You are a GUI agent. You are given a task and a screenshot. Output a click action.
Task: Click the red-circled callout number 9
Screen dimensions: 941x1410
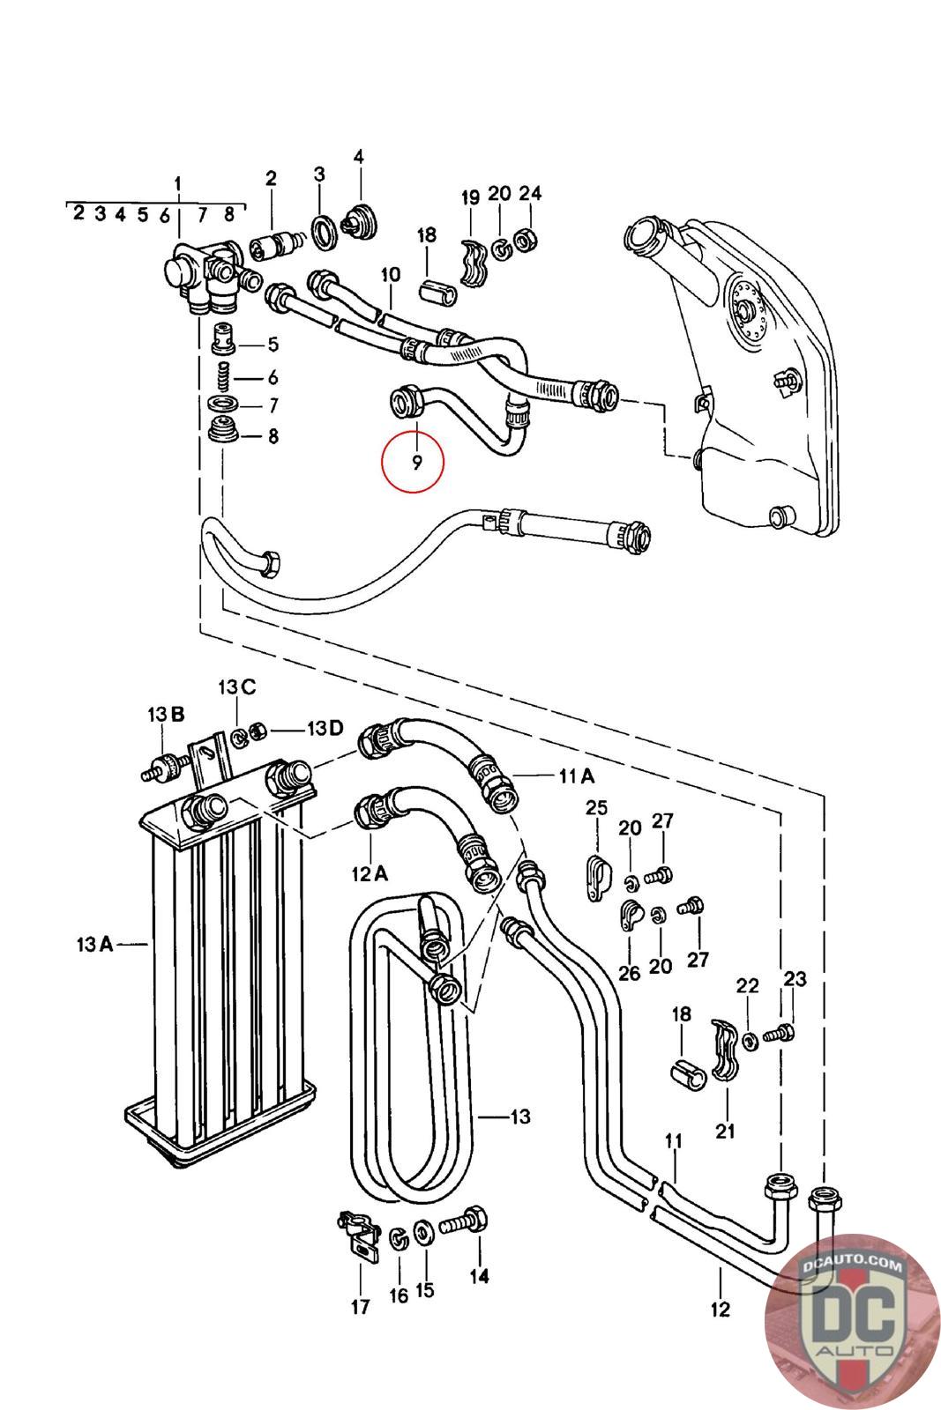click(x=416, y=463)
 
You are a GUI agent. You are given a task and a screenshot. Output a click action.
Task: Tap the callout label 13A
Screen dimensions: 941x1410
click(x=94, y=944)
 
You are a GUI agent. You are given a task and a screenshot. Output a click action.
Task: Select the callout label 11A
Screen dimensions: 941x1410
click(x=576, y=776)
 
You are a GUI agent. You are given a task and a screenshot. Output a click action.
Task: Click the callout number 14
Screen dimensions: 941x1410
click(x=479, y=1276)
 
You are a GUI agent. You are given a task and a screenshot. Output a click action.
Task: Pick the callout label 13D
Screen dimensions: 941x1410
click(x=325, y=728)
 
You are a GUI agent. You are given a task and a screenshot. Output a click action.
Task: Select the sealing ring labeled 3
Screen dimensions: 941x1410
click(x=325, y=231)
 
